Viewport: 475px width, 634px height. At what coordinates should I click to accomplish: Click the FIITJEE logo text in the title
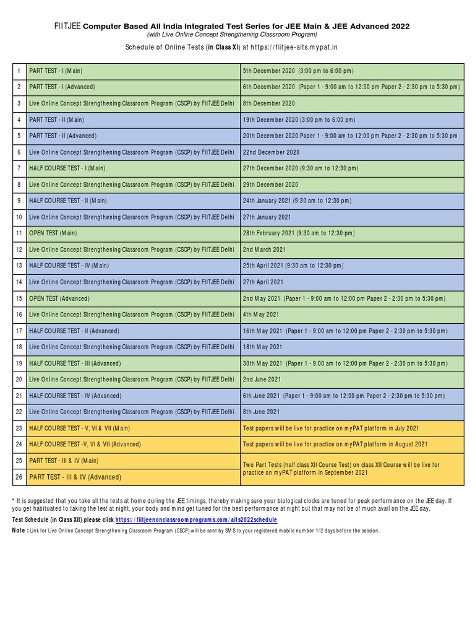pyautogui.click(x=67, y=26)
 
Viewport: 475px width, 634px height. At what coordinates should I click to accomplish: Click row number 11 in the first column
pyautogui.click(x=19, y=233)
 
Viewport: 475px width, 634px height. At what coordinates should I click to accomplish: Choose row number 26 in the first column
pyautogui.click(x=19, y=477)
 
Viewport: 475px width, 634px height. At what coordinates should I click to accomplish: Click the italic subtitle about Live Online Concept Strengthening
pyautogui.click(x=237, y=35)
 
